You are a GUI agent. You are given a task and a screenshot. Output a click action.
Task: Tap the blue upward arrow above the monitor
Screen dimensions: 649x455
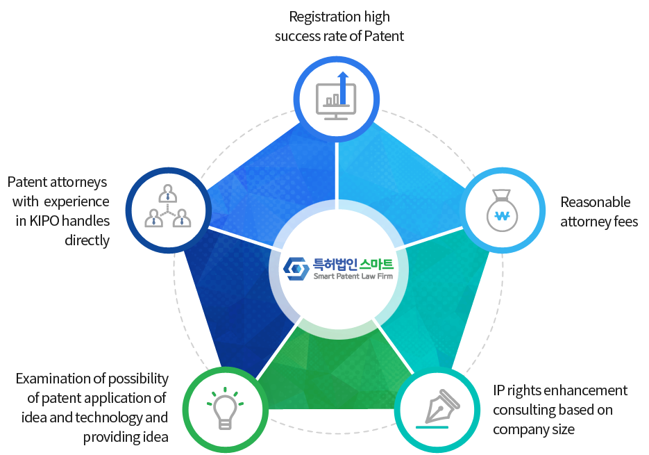coord(343,88)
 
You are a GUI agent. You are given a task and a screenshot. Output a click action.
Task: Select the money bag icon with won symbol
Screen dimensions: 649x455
coord(502,210)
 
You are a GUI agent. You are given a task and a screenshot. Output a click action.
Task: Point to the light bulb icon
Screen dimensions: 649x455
coord(225,408)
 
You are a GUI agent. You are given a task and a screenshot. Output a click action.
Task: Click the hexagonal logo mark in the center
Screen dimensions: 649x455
coord(296,269)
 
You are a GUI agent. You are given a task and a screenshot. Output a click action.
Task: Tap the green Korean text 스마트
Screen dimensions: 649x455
coord(376,265)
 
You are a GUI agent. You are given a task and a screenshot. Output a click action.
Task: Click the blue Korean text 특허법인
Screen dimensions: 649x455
coord(335,265)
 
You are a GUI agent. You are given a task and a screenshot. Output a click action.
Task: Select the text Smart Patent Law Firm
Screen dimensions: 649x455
coord(353,276)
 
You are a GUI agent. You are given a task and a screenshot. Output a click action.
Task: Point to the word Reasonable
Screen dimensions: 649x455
coord(595,202)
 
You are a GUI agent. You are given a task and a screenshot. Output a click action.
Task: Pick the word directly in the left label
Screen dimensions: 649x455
coord(87,240)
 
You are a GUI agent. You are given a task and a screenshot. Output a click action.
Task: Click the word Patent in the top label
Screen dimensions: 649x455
coord(384,36)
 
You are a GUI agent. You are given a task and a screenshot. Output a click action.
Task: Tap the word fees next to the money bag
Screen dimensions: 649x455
coord(626,222)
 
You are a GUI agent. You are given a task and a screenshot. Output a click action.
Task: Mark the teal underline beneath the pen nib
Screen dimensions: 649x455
coord(432,427)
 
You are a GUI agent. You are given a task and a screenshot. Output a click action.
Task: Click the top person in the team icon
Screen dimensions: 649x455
coord(168,193)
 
